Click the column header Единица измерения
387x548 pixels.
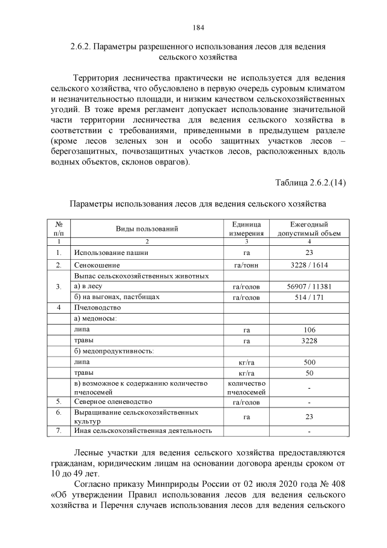246,228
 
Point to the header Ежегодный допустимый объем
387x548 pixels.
309,228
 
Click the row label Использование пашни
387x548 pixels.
111,253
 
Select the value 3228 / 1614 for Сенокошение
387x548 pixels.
309,265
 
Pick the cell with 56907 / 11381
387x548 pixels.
309,286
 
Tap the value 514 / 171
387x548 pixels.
309,297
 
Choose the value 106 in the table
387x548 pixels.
309,330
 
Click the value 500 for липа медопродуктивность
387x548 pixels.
309,362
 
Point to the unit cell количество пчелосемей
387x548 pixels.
246,388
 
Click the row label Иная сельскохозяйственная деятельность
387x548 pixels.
143,431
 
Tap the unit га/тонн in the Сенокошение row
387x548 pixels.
246,265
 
